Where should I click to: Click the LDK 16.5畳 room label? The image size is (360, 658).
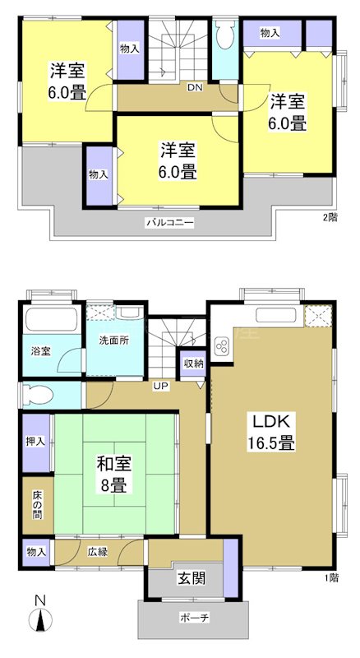(272, 432)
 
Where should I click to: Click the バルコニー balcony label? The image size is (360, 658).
(170, 222)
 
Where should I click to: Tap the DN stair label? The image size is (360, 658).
(196, 87)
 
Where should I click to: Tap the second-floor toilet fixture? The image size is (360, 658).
(224, 37)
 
